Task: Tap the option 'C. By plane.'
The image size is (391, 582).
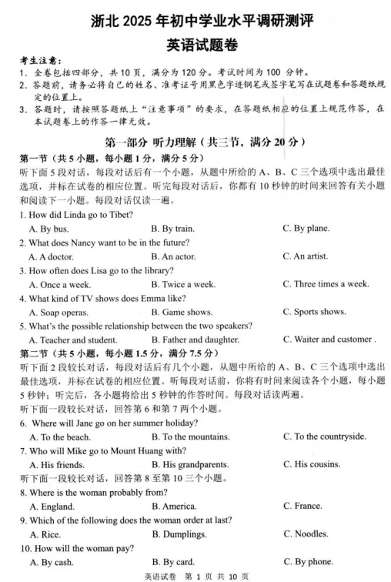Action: tap(306, 228)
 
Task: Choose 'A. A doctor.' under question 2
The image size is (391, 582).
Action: tap(52, 256)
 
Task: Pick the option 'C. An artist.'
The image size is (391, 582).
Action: tap(305, 256)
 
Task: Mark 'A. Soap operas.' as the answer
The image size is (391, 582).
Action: tap(58, 312)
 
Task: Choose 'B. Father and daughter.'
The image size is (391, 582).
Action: tap(195, 339)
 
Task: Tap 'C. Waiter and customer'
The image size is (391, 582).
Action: tap(327, 339)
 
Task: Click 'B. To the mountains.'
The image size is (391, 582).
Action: tap(190, 436)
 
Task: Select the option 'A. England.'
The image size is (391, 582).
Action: tap(52, 506)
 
